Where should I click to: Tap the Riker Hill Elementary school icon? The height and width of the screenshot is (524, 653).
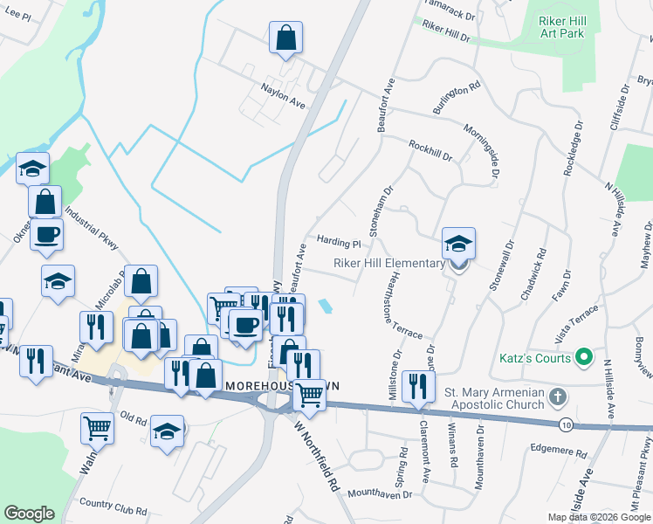(x=458, y=245)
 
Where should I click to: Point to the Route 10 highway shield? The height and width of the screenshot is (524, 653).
(x=567, y=424)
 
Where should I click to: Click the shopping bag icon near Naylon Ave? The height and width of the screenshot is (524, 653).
(x=285, y=38)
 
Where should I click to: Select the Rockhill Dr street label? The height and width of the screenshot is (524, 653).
(x=430, y=151)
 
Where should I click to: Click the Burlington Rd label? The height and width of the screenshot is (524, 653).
(x=457, y=99)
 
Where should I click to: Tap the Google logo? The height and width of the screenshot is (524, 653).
(x=30, y=513)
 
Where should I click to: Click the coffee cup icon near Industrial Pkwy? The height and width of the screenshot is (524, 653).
(x=46, y=235)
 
